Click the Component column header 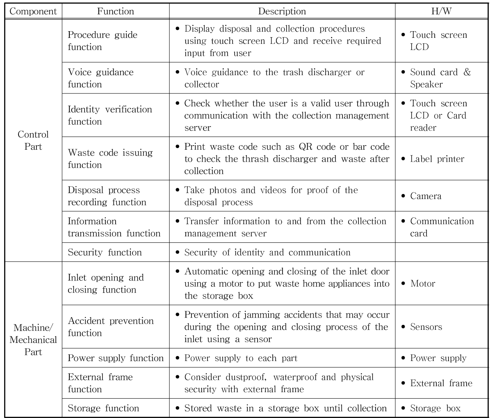[x=33, y=11]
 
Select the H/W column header [x=441, y=11]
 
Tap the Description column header [x=282, y=11]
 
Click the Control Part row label [x=33, y=140]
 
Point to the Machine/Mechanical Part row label [x=33, y=340]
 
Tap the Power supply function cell [x=116, y=358]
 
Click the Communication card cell [x=442, y=227]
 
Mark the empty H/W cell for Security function [x=441, y=252]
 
